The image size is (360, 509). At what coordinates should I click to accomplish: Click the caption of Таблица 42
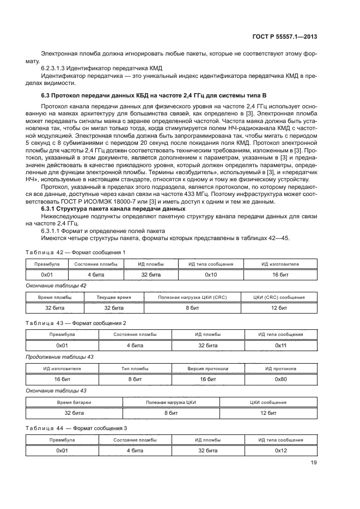76,252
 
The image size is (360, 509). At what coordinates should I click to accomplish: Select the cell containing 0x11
280,345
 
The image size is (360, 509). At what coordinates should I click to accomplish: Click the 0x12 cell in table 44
280,451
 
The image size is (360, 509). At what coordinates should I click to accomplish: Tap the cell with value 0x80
280,379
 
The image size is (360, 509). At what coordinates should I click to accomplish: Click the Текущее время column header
113,298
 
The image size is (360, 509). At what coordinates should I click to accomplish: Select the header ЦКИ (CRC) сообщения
279,298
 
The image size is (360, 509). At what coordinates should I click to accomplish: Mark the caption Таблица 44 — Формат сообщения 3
76,428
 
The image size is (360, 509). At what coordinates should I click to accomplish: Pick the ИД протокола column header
280,369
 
